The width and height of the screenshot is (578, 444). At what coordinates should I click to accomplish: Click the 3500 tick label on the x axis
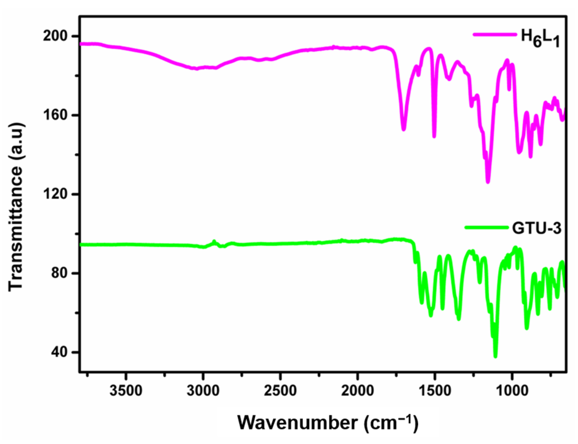tap(126, 391)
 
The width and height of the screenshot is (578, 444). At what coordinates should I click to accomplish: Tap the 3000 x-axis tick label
tap(203, 391)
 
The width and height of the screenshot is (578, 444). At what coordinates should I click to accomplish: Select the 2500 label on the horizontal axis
tap(280, 391)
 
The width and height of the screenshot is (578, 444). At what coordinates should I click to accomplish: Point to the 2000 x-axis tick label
tap(358, 391)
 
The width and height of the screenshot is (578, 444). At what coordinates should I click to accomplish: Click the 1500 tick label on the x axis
tap(435, 391)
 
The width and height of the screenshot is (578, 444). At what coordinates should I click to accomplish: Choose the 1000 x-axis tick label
tap(512, 391)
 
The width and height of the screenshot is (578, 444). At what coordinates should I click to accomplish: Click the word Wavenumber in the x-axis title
tap(297, 422)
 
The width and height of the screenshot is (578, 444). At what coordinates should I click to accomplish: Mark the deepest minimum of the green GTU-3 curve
tap(496, 356)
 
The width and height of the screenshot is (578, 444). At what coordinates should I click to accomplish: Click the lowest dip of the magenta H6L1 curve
tap(488, 181)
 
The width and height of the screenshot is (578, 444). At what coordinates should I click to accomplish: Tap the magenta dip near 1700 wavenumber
tap(404, 129)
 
